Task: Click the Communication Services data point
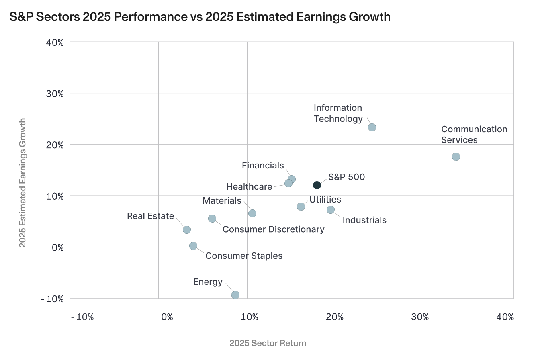(456, 157)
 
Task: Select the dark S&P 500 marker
(317, 185)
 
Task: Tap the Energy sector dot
(235, 295)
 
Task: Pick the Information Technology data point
(372, 127)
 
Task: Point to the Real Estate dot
(187, 230)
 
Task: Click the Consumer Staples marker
(193, 246)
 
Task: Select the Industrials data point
(331, 210)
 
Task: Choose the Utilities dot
(301, 207)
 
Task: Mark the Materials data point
(252, 213)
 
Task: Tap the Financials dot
(292, 179)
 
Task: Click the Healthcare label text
(249, 187)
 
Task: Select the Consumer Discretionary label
(273, 229)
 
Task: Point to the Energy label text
(208, 282)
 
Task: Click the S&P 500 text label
(346, 177)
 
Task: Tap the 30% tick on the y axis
(55, 94)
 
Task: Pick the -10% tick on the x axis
(82, 317)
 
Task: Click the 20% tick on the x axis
(335, 317)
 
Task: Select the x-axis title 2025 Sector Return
(268, 343)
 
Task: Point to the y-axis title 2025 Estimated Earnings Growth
(23, 182)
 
